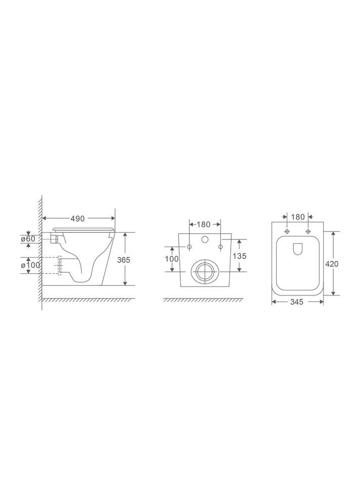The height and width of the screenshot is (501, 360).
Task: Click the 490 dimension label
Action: click(78, 219)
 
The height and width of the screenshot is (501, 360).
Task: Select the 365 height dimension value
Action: click(124, 260)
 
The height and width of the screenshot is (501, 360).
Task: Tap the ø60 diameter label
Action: click(28, 238)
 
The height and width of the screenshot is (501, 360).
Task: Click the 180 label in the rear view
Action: click(204, 224)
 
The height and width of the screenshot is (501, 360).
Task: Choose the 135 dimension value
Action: click(239, 256)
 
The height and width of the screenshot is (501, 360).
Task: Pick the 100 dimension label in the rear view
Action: click(172, 259)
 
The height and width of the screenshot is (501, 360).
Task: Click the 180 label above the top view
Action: click(298, 217)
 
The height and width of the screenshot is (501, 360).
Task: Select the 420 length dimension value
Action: click(332, 264)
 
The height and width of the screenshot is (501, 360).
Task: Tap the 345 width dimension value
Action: click(297, 302)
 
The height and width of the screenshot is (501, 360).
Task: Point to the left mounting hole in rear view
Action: click(189, 247)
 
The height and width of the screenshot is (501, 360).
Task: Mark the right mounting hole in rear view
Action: click(220, 247)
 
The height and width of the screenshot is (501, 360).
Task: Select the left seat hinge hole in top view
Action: click(287, 232)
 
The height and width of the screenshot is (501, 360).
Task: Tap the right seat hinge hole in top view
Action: click(308, 232)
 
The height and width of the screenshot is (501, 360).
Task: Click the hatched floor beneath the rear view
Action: click(204, 300)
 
